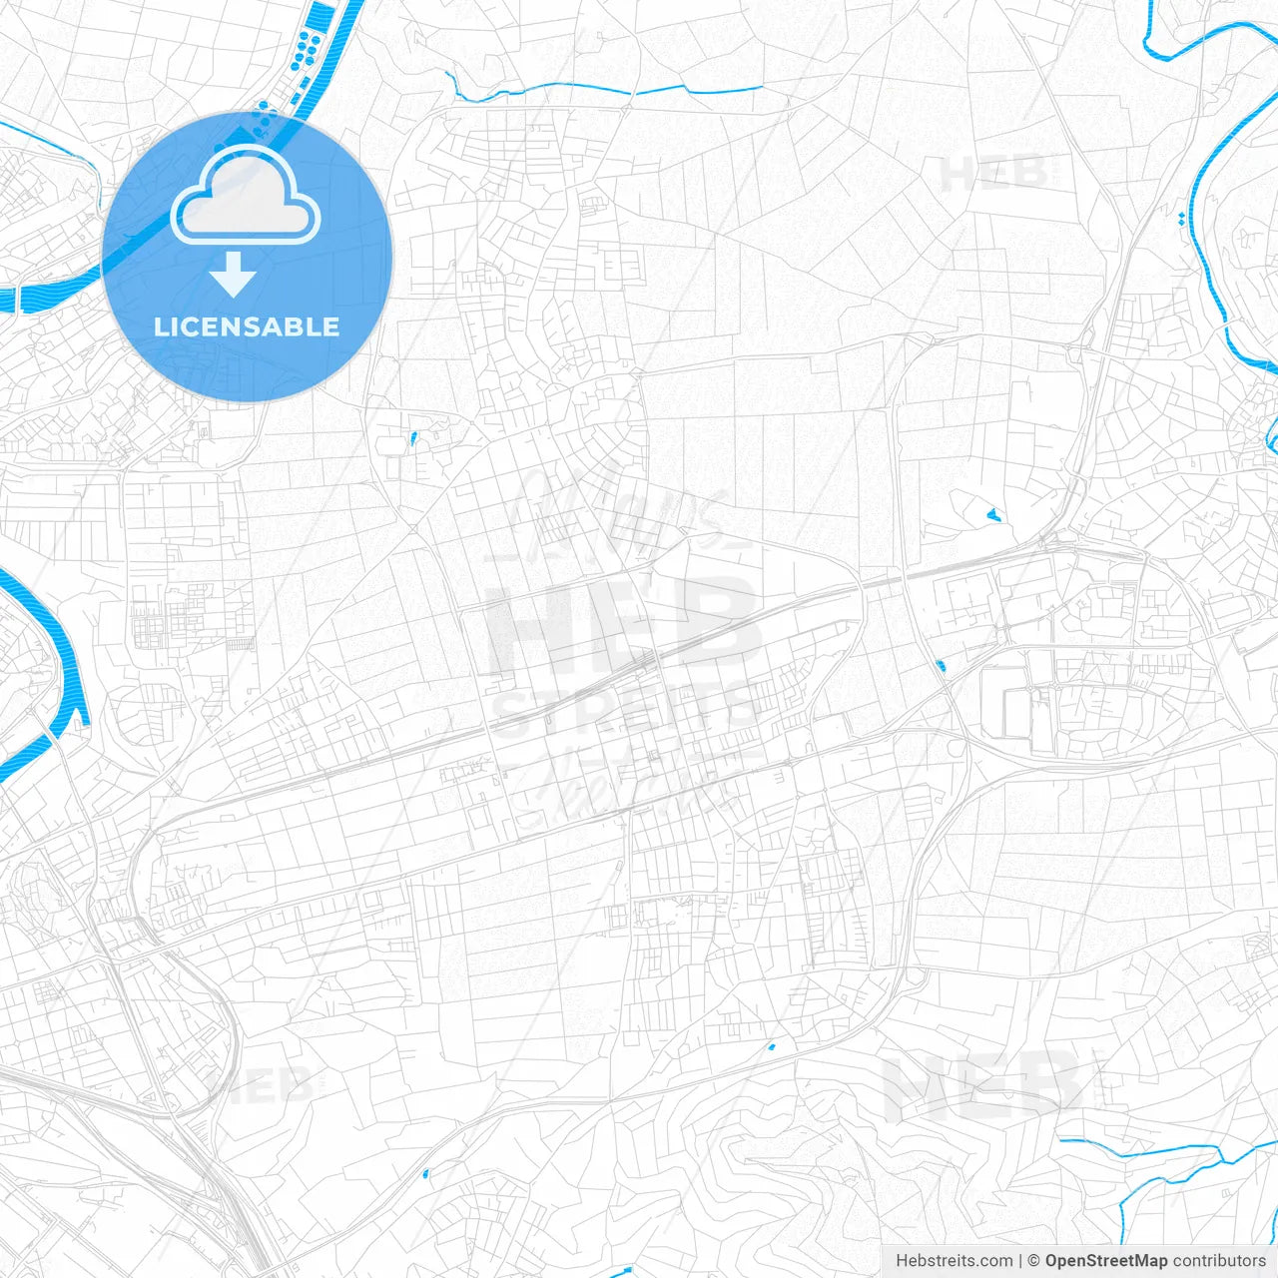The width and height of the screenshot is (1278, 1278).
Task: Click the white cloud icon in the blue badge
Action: [246, 197]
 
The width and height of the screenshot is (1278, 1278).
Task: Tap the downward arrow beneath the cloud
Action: [234, 275]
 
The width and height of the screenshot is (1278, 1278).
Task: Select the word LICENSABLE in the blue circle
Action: [247, 326]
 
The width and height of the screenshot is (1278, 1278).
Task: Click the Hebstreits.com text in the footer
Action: [954, 1261]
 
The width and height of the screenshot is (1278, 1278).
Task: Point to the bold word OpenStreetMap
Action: [1105, 1261]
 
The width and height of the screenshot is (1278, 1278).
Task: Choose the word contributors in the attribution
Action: [1219, 1261]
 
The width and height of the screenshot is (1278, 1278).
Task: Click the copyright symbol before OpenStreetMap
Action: [1034, 1261]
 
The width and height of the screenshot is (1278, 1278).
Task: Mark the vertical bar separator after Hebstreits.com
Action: [1020, 1261]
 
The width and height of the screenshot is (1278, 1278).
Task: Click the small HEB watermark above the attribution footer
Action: [983, 1085]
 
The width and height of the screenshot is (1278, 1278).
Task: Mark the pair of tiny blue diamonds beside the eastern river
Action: [1182, 218]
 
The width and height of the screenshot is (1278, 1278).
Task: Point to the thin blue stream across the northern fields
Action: [599, 92]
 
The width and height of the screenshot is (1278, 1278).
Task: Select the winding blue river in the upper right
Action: [1213, 200]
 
